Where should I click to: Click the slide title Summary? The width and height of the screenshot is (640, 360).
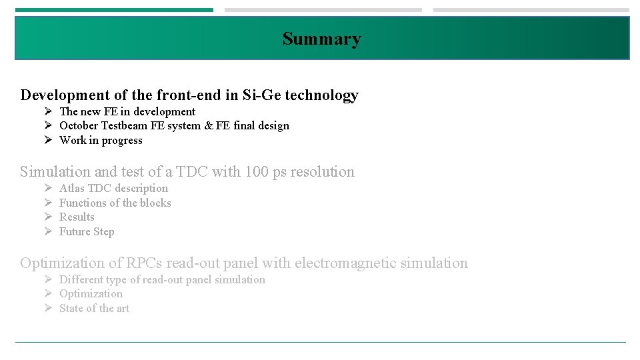(x=321, y=39)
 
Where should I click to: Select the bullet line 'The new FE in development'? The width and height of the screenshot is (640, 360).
(x=127, y=111)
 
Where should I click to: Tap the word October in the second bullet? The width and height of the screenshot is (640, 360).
(x=79, y=125)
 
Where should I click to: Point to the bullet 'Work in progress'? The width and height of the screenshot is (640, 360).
(x=101, y=140)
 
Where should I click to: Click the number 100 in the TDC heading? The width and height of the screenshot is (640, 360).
(x=257, y=171)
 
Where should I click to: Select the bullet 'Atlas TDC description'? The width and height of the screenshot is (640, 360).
(x=113, y=188)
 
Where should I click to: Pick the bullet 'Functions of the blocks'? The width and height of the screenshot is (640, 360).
(x=115, y=203)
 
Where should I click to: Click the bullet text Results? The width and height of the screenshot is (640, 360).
(x=77, y=217)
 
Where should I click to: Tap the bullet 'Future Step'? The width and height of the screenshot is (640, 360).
(x=87, y=231)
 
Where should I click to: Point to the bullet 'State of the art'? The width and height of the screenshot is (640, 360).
(x=94, y=308)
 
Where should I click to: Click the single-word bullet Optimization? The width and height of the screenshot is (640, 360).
(x=91, y=293)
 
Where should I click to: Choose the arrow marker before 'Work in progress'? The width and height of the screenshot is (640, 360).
(x=49, y=140)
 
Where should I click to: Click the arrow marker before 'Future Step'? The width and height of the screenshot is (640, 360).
(x=49, y=231)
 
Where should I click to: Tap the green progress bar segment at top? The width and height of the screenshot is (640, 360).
(x=114, y=10)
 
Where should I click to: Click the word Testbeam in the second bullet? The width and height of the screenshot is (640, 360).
(x=125, y=125)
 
